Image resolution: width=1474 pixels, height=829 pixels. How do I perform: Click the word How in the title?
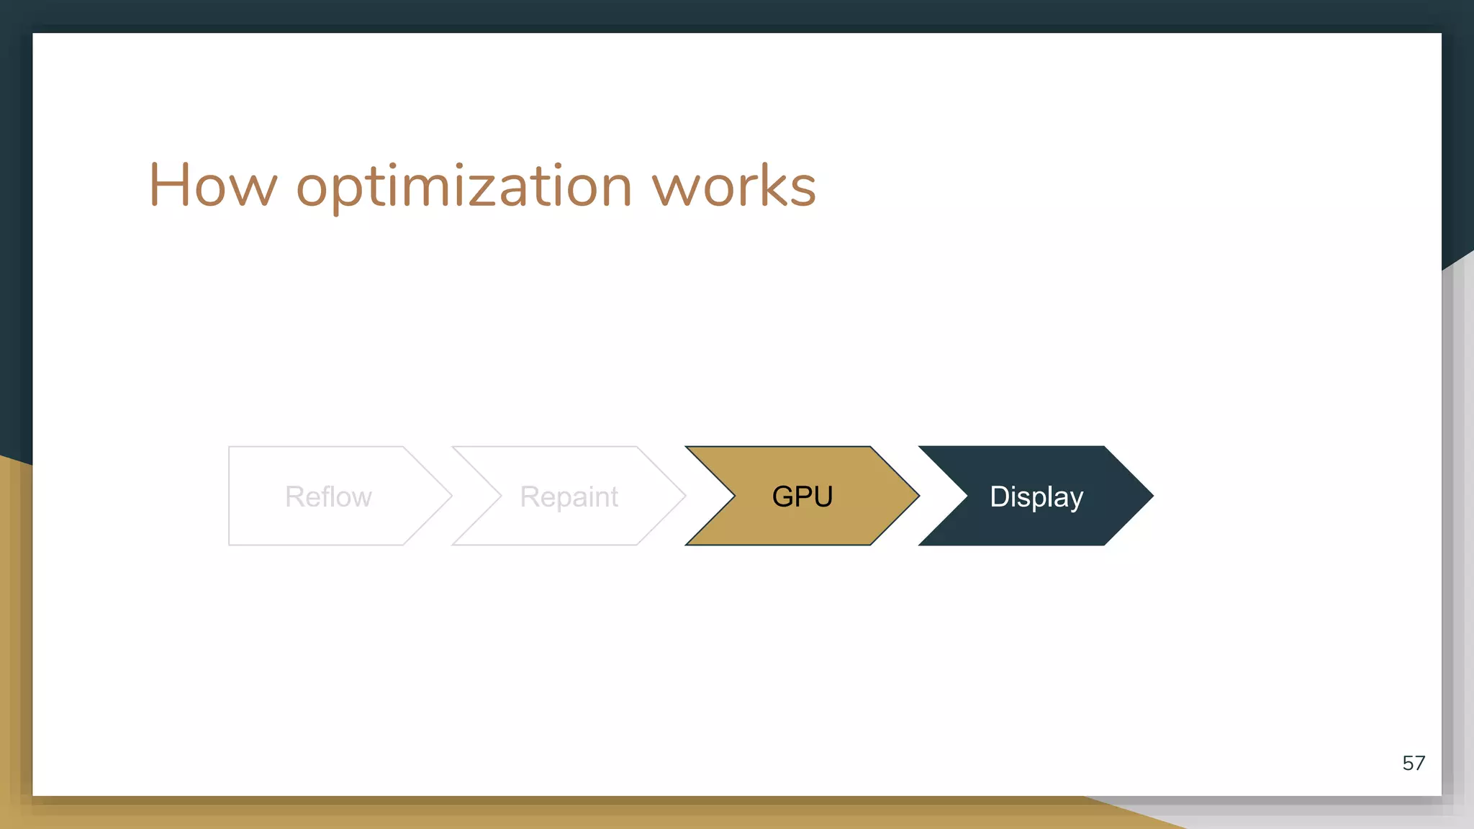pos(212,186)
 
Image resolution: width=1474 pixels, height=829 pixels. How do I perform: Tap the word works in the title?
pos(733,186)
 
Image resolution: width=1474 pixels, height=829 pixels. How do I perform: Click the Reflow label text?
pos(328,497)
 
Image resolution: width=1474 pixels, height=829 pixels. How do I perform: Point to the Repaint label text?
pos(569,497)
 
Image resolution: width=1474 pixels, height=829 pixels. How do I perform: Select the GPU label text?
pos(802,497)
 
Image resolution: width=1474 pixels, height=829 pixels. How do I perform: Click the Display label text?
pos(1036,497)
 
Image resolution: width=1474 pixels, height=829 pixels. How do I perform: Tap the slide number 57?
pos(1413,763)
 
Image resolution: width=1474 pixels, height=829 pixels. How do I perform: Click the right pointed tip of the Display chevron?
pos(1152,495)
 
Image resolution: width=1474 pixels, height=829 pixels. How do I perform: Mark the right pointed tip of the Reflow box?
pos(451,495)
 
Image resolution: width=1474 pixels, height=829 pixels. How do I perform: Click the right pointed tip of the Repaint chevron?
pos(684,495)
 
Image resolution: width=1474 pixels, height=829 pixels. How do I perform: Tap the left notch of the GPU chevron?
pos(733,495)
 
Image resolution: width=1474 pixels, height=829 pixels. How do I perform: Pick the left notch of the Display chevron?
pos(967,495)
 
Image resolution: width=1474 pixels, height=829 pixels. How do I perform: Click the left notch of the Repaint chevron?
pos(500,495)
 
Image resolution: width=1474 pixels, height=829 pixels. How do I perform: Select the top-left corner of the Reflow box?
pos(230,447)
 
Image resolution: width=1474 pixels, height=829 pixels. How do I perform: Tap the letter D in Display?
pos(999,497)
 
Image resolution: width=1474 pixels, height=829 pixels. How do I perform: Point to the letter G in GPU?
pos(782,497)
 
